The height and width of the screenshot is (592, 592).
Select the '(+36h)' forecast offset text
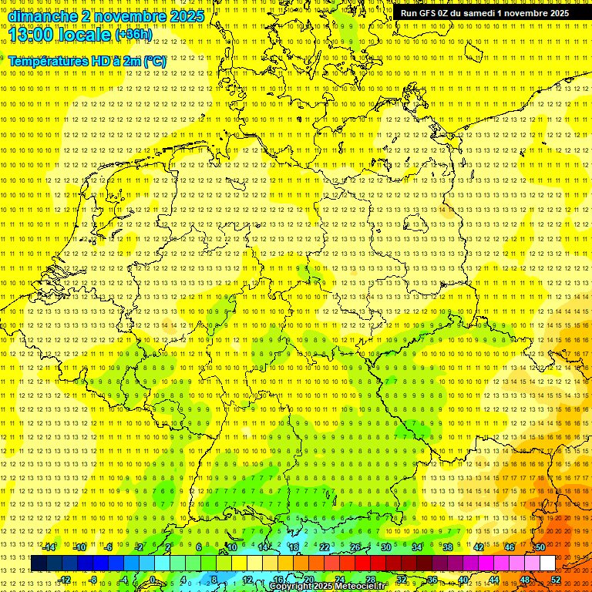[x=133, y=35]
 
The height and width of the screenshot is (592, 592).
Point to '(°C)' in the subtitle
[x=153, y=60]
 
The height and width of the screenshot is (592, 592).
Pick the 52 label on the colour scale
[x=556, y=579]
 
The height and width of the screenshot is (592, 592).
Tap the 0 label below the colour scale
[x=153, y=579]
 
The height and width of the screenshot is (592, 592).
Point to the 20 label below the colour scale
[x=308, y=579]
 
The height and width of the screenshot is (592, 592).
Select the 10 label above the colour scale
[x=231, y=547]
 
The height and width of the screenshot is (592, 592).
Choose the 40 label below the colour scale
[x=463, y=579]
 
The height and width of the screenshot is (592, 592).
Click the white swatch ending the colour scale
[x=547, y=563]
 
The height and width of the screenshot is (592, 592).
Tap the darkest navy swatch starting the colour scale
[x=39, y=563]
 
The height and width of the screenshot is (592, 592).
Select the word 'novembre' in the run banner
[x=525, y=13]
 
